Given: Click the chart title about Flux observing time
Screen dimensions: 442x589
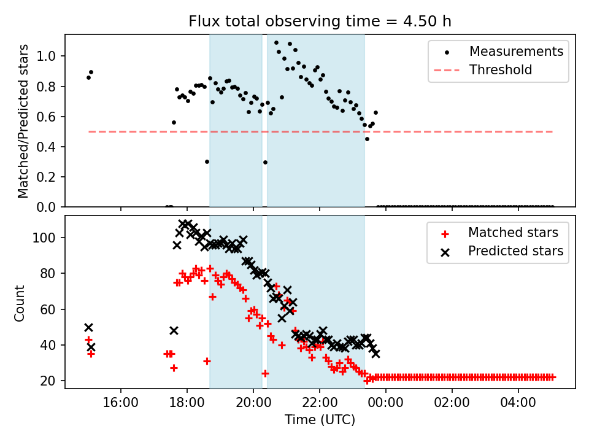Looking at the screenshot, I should point(320,22).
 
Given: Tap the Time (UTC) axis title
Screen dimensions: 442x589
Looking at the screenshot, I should point(320,421).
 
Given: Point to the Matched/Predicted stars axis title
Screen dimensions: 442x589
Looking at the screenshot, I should point(23,121).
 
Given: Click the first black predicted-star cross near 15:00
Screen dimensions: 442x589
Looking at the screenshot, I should point(88,327).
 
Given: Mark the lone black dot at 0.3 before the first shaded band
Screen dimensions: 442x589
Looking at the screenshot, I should point(207,161).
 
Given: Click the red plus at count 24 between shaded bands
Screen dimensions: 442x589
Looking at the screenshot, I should point(265,373).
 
